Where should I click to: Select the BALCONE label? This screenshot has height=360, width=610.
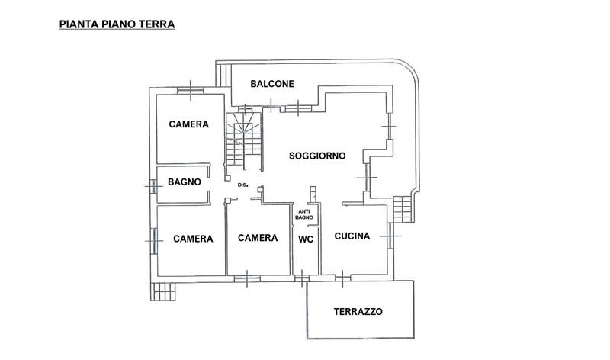[x=272, y=84]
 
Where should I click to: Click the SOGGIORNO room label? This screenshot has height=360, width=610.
[x=317, y=156]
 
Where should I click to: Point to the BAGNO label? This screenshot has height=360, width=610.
[x=185, y=182]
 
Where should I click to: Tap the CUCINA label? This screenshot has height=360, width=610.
[x=352, y=236]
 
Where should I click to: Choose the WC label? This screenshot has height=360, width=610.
[x=306, y=238]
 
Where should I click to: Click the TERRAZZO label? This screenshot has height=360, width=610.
[x=358, y=312]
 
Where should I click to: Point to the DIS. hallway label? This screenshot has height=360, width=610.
[x=243, y=185]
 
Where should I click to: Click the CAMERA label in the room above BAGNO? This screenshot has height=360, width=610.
[x=189, y=125]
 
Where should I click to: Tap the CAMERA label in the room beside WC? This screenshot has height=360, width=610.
[x=257, y=238]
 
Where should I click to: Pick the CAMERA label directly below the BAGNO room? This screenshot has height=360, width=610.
[x=192, y=239]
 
